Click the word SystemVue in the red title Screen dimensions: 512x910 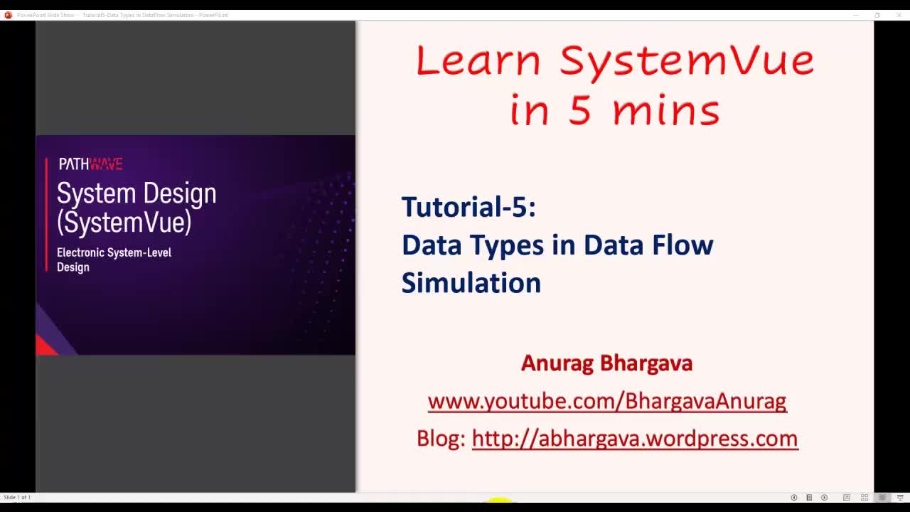pos(686,61)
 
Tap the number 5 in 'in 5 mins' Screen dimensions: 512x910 pos(579,111)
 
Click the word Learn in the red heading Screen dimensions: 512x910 pos(478,61)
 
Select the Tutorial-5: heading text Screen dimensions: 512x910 pos(469,207)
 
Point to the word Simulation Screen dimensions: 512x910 pos(471,283)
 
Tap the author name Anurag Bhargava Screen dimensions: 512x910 pos(606,363)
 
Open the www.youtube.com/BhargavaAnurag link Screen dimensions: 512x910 pos(606,401)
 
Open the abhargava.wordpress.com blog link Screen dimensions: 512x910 pos(634,439)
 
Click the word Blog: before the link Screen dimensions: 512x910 pos(440,439)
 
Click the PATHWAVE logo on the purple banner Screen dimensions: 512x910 pos(90,164)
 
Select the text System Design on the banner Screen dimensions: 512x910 pos(136,193)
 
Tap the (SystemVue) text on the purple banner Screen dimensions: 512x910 pos(124,223)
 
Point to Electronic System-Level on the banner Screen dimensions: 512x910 pos(114,252)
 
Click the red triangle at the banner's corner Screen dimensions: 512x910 pos(45,346)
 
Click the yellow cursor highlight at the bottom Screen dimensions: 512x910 pos(500,502)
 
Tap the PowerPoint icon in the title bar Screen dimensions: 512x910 pos(9,15)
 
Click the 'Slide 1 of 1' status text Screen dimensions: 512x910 pos(17,497)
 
